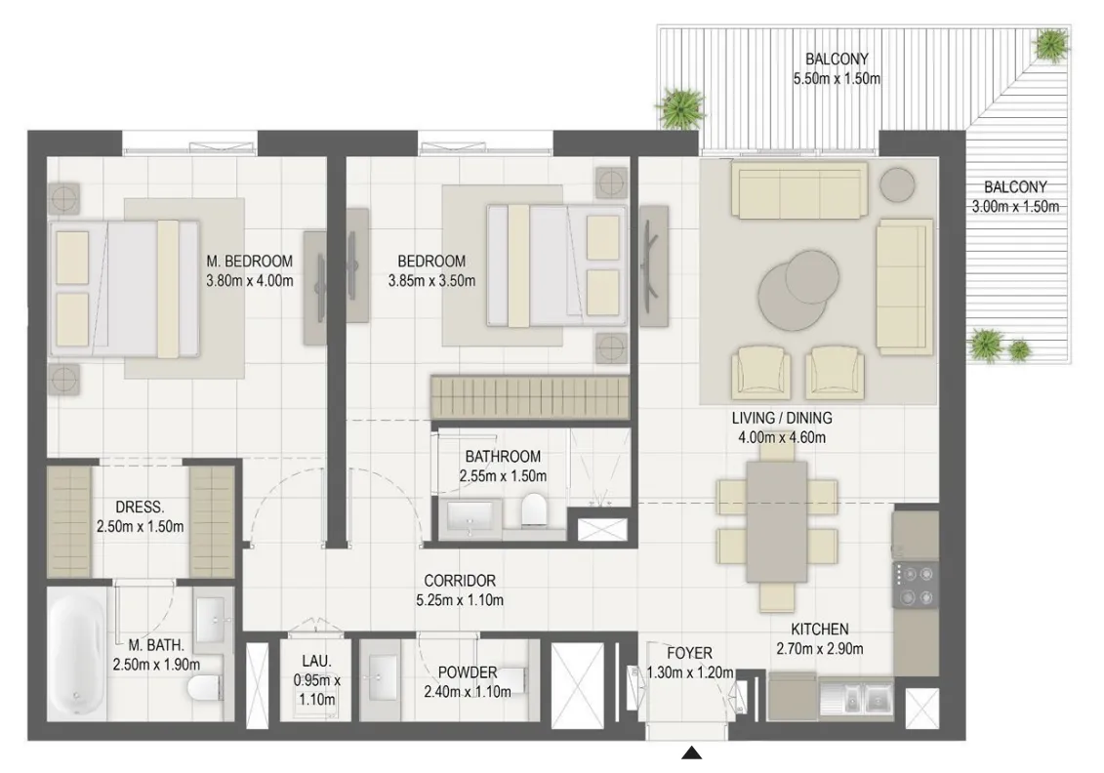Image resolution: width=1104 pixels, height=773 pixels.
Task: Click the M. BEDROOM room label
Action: (x=249, y=262)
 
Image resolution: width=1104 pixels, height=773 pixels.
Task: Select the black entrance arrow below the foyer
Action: (x=692, y=753)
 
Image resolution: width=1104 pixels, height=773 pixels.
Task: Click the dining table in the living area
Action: (x=777, y=521)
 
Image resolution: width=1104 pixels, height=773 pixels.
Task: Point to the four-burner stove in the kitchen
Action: (x=916, y=585)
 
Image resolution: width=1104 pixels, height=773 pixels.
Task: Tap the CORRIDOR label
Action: (x=460, y=581)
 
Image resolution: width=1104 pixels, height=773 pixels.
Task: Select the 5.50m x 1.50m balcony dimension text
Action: (x=837, y=79)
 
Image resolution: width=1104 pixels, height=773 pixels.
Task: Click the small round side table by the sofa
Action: (x=897, y=184)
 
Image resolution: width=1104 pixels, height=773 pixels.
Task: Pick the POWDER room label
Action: (x=468, y=672)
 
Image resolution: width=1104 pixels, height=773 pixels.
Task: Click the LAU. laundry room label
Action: (x=317, y=661)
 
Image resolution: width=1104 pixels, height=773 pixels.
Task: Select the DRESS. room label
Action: (x=140, y=507)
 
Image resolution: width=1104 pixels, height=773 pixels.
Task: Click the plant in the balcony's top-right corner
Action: (x=1050, y=44)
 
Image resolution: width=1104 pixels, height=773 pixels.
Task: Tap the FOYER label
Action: (x=690, y=653)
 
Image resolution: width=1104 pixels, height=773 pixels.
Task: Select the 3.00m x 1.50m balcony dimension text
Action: (x=1015, y=206)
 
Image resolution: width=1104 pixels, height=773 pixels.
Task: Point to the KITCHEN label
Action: (x=820, y=629)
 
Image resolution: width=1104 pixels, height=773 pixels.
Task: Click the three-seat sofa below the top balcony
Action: (x=799, y=189)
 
